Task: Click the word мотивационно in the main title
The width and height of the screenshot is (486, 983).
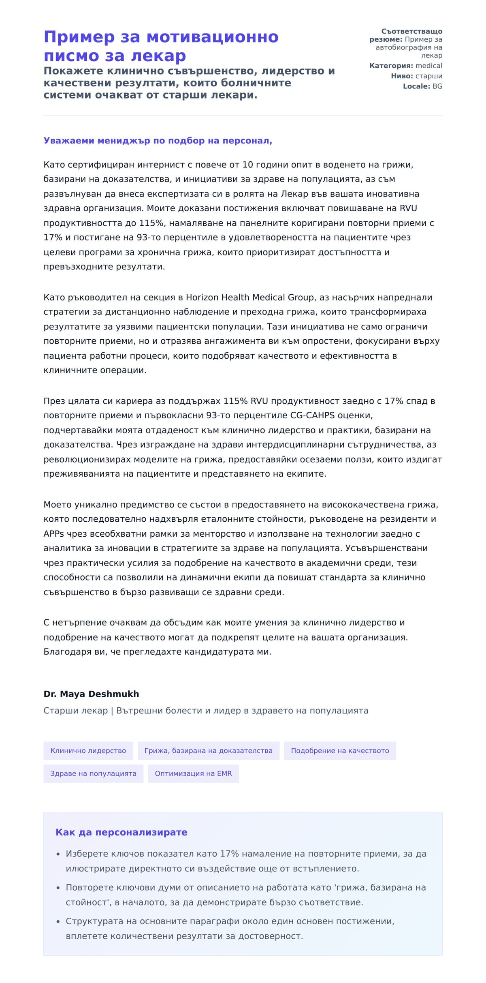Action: pyautogui.click(x=212, y=37)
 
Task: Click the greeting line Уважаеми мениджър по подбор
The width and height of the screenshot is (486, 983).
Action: pyautogui.click(x=158, y=141)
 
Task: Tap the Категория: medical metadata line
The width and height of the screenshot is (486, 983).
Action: pyautogui.click(x=405, y=66)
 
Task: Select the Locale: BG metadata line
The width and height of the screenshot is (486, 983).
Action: pyautogui.click(x=422, y=86)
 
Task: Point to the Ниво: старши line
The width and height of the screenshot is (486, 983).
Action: pyautogui.click(x=416, y=76)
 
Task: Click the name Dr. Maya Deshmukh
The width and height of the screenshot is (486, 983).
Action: pyautogui.click(x=91, y=694)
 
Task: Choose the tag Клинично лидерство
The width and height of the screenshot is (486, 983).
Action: pyautogui.click(x=88, y=750)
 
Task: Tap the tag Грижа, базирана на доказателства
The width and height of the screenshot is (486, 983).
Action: pyautogui.click(x=208, y=750)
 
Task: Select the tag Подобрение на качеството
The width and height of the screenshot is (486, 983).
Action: pyautogui.click(x=340, y=750)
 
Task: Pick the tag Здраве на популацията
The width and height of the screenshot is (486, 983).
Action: pyautogui.click(x=93, y=773)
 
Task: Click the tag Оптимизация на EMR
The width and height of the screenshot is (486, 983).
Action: pyautogui.click(x=193, y=773)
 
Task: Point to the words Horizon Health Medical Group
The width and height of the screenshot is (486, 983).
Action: pyautogui.click(x=249, y=298)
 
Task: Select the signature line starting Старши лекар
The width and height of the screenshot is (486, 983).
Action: pyautogui.click(x=206, y=710)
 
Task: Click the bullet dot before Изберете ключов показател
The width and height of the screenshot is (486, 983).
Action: pyautogui.click(x=58, y=854)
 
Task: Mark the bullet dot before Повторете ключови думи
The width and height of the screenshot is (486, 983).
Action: pyautogui.click(x=58, y=888)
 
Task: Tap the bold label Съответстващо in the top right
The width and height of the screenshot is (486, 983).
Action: pyautogui.click(x=411, y=32)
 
